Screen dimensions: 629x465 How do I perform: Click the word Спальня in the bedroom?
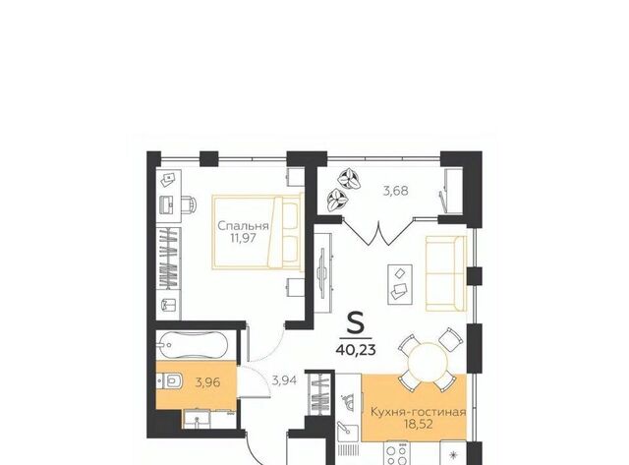(x=243, y=226)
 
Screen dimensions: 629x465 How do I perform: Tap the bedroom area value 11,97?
(x=243, y=238)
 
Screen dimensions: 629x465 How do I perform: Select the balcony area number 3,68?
(x=395, y=191)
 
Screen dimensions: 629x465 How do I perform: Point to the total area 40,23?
(x=356, y=350)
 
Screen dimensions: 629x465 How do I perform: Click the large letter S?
(x=355, y=323)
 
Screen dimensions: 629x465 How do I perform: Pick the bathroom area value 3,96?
(x=207, y=382)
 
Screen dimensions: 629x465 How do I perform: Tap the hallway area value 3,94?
(x=284, y=379)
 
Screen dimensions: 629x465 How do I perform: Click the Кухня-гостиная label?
(x=418, y=412)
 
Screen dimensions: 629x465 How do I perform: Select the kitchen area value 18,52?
(x=419, y=425)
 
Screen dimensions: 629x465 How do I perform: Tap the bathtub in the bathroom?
(x=192, y=345)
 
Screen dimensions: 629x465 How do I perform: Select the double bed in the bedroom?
(x=257, y=231)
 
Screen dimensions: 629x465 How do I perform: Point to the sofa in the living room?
(x=445, y=273)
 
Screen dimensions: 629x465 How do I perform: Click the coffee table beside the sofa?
(x=400, y=284)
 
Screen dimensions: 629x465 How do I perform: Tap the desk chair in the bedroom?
(x=190, y=204)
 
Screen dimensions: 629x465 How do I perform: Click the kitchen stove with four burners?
(x=397, y=453)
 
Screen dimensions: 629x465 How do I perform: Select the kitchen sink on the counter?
(x=346, y=430)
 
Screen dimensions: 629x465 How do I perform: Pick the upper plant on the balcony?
(x=349, y=179)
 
